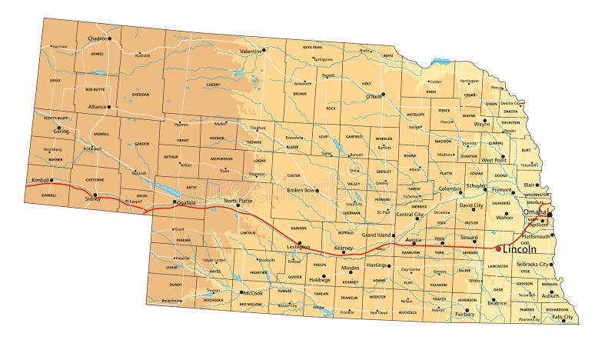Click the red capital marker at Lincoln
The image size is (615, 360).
click(x=497, y=248)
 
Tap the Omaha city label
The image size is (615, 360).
click(x=534, y=212)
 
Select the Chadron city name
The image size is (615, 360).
click(x=97, y=38)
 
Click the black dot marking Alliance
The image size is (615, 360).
click(x=109, y=107)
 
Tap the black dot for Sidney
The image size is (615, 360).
click(x=95, y=195)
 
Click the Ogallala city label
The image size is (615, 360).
click(x=185, y=203)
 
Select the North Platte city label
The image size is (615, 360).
click(x=238, y=201)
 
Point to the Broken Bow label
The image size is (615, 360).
click(x=301, y=190)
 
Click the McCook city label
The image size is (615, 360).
click(x=254, y=293)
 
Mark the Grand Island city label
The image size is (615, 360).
click(x=378, y=234)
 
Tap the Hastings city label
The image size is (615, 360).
click(x=377, y=265)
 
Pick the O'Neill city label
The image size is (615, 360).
click(x=374, y=97)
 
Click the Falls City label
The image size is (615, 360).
click(x=563, y=317)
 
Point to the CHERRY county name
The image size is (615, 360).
click(x=213, y=85)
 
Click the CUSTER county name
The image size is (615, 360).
click(x=294, y=176)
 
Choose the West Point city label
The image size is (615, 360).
click(x=494, y=161)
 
